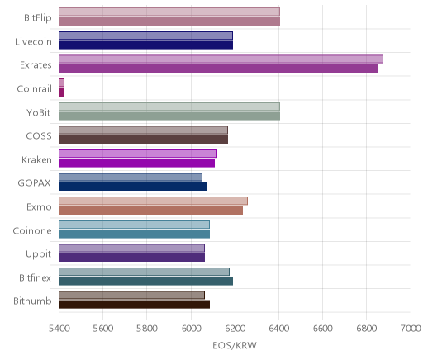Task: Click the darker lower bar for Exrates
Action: tap(218, 69)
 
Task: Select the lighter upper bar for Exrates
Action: tap(221, 59)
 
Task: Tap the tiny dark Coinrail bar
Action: tap(61, 92)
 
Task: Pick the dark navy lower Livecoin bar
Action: tap(145, 45)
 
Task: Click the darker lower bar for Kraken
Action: tap(136, 163)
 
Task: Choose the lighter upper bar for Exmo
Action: tap(153, 201)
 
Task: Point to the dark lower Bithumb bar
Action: tap(134, 305)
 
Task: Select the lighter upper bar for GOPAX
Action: tap(131, 178)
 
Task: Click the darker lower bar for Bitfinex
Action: tap(145, 281)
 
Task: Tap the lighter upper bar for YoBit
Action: tap(169, 107)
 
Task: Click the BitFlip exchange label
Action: tap(38, 17)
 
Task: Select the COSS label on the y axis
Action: tap(39, 136)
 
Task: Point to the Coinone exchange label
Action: tap(32, 230)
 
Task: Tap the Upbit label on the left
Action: tap(38, 254)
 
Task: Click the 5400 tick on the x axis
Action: tap(59, 328)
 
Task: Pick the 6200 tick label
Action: tap(235, 328)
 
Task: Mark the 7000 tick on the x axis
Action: tap(411, 328)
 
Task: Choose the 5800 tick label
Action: tap(147, 328)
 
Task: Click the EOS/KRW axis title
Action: tap(235, 345)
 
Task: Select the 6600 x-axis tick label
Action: tap(323, 328)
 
